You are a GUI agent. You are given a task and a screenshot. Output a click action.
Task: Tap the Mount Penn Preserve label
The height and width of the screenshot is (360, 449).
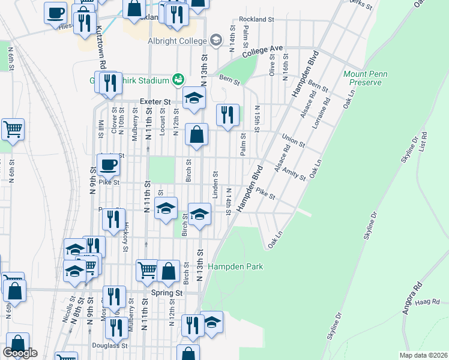[x=365, y=78]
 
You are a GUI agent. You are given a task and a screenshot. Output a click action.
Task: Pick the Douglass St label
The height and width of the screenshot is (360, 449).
[x=110, y=346]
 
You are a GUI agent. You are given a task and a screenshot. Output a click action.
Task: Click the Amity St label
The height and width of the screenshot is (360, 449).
[x=294, y=172]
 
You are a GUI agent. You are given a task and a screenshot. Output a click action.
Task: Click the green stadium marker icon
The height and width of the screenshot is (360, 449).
[x=178, y=79]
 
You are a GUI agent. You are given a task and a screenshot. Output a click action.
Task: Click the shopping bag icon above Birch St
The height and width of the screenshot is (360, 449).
[x=196, y=134]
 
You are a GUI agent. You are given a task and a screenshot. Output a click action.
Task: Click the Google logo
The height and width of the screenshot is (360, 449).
[x=20, y=353]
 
